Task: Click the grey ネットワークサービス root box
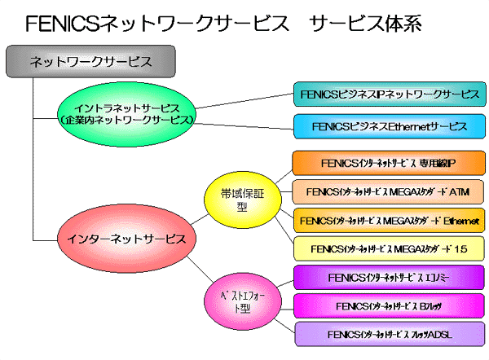(90, 61)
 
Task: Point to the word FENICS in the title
(62, 24)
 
